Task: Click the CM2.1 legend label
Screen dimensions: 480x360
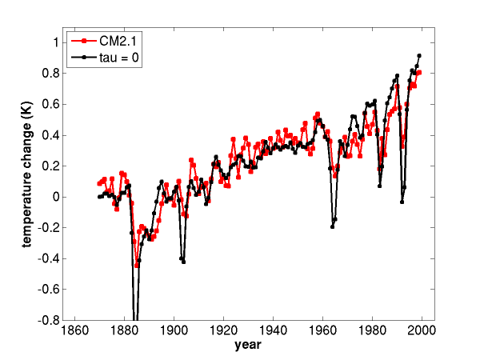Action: pos(118,41)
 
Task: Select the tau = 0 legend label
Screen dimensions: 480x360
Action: pos(118,58)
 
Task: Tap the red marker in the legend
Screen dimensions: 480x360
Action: pos(83,41)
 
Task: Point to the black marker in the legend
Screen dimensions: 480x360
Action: pos(83,58)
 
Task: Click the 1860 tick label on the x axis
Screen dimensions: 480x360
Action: pos(75,330)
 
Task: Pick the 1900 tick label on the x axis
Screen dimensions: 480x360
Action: pos(174,330)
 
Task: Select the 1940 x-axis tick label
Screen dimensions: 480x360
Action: pos(273,330)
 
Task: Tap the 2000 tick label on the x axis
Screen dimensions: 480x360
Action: pos(422,330)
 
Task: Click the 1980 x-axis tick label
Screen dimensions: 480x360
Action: pos(372,330)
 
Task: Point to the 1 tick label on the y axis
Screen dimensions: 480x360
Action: pos(56,42)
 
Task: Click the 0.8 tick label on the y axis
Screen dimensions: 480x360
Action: pos(50,74)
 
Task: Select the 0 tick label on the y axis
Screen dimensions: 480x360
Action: pos(56,197)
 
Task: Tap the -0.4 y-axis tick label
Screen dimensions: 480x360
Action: pos(48,258)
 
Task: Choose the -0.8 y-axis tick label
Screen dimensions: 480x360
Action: pos(48,320)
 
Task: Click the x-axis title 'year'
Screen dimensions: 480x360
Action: pos(248,346)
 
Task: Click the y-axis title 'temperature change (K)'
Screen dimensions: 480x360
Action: pos(27,174)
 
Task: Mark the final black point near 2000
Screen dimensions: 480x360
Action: pos(419,56)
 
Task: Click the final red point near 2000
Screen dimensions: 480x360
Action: pos(419,73)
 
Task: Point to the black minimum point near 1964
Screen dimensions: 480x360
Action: pos(333,227)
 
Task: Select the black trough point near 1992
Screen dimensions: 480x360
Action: pos(402,202)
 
